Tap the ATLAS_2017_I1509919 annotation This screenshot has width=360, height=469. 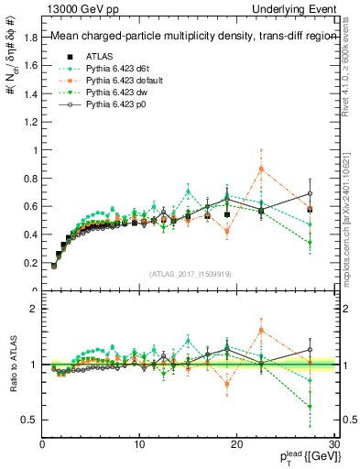(190, 273)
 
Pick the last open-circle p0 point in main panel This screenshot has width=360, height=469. (310, 193)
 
